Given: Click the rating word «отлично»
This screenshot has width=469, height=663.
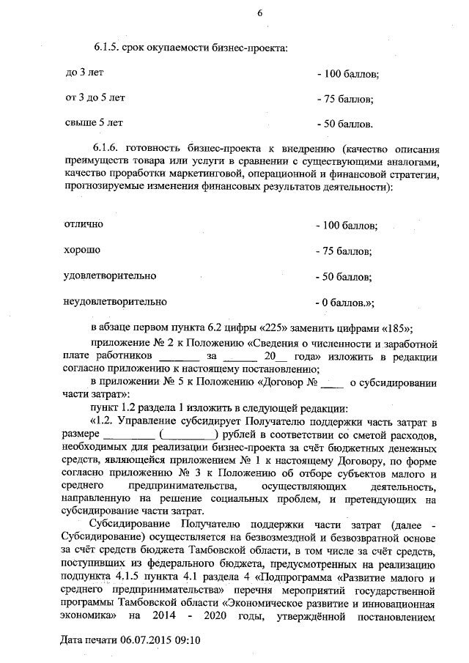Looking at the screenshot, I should (84, 223).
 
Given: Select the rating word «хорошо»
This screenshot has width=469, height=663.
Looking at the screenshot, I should (83, 250).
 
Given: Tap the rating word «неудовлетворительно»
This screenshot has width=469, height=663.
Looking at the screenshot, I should (116, 300).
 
